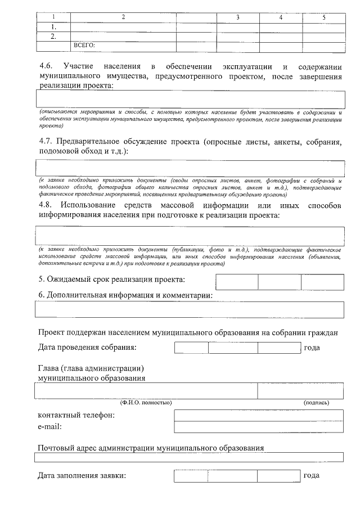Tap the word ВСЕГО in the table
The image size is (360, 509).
pyautogui.click(x=85, y=45)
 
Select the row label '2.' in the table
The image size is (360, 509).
pyautogui.click(x=53, y=36)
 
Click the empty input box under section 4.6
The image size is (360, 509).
pyautogui.click(x=190, y=99)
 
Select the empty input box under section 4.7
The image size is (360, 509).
pyautogui.click(x=190, y=168)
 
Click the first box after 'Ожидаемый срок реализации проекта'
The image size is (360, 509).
pyautogui.click(x=237, y=282)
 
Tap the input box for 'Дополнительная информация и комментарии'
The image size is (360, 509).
pyautogui.click(x=190, y=309)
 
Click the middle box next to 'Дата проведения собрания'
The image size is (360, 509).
pyautogui.click(x=233, y=348)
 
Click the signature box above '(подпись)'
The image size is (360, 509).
pyautogui.click(x=300, y=390)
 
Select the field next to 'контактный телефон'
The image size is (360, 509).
pyautogui.click(x=259, y=415)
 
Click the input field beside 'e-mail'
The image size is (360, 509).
pyautogui.click(x=259, y=427)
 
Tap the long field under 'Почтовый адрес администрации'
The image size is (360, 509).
pyautogui.click(x=190, y=457)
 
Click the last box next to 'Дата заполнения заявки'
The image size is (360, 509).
pyautogui.click(x=278, y=476)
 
